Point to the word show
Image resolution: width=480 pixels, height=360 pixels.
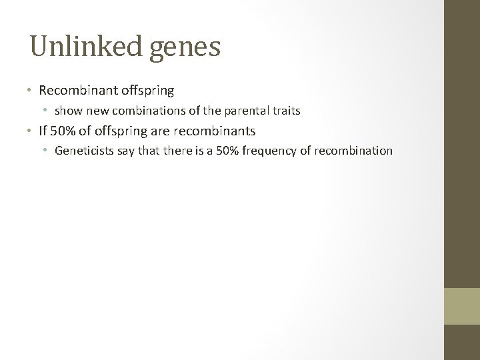pyautogui.click(x=67, y=110)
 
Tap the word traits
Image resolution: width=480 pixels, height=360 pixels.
pyautogui.click(x=285, y=110)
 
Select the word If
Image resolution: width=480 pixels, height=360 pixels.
pyautogui.click(x=43, y=131)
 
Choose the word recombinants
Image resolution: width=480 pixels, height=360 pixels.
pyautogui.click(x=218, y=131)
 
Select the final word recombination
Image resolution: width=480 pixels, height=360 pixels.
pyautogui.click(x=353, y=151)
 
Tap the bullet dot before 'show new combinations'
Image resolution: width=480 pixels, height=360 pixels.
pyautogui.click(x=47, y=111)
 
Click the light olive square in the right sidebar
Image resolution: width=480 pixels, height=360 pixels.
pyautogui.click(x=462, y=307)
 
